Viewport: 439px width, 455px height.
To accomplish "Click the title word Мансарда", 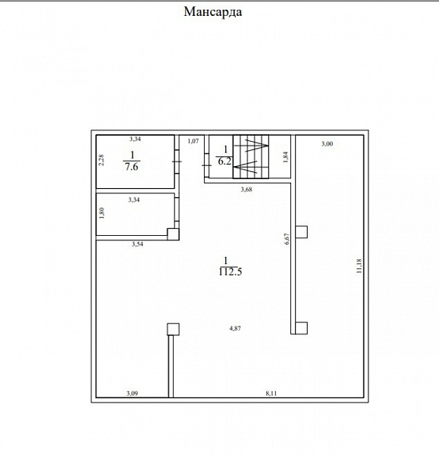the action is tap(213, 12).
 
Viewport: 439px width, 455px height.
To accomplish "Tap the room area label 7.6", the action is tap(131, 167).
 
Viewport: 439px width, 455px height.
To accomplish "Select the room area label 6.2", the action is tap(224, 161).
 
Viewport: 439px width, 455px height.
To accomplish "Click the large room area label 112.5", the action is tap(230, 271).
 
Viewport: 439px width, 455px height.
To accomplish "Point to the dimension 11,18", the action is tap(359, 266).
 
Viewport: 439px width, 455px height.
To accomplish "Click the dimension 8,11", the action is tap(271, 394).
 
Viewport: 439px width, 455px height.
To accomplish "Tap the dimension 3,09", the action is tap(132, 394).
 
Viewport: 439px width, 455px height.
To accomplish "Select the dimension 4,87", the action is tap(235, 328).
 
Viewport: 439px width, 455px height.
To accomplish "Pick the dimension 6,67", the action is tap(287, 239).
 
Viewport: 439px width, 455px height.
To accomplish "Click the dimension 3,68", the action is tap(246, 190).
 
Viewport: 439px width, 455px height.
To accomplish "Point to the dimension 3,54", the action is tap(137, 244).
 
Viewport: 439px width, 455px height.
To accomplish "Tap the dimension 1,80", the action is tap(102, 212).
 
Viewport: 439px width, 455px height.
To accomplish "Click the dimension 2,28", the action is tap(101, 160).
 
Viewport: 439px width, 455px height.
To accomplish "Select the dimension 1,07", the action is tap(193, 141).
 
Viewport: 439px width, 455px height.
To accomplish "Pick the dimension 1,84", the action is tap(286, 157).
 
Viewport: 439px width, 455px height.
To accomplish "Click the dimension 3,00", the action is tap(327, 143).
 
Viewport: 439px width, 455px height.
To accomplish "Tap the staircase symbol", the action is tap(251, 157).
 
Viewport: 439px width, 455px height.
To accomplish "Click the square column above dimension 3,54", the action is tap(173, 234).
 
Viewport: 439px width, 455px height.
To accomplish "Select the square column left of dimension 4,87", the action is tap(173, 329).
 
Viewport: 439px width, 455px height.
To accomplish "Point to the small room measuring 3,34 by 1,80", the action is tap(136, 214).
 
